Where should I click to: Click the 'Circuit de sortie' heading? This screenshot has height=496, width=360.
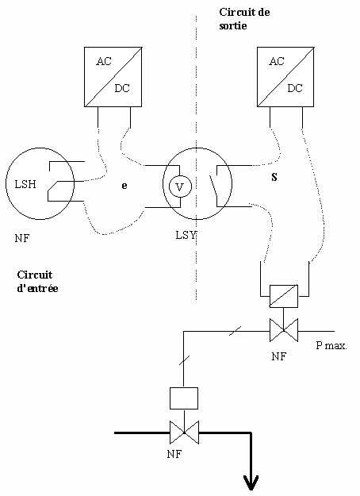pos(244,19)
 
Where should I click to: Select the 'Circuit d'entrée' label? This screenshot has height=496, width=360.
pos(37,282)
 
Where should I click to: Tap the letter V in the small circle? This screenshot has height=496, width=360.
pos(180,187)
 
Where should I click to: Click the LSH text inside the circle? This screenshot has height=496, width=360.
pos(25,184)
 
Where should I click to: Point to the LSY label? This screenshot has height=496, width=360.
pos(186,235)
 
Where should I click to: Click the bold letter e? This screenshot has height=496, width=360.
pos(124,186)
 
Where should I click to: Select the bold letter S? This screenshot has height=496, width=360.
pos(274,178)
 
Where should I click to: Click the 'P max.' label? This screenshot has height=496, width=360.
pos(331,345)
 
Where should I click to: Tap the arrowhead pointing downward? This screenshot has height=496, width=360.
pos(251,483)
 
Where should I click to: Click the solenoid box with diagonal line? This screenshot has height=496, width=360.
pos(284,296)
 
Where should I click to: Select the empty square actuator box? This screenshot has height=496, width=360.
pos(184,398)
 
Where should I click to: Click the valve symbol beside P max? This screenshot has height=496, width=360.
pos(284,330)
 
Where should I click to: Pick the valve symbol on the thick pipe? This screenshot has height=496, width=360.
pos(184,433)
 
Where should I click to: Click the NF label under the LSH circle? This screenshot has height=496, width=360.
pos(22,238)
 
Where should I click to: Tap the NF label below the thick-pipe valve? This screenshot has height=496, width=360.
pos(174,454)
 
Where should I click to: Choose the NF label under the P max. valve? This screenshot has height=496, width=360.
pos(279,356)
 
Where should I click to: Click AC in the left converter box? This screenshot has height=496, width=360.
pos(104,61)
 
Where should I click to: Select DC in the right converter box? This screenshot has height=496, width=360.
pos(295,88)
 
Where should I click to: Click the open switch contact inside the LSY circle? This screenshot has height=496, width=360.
pos(214,186)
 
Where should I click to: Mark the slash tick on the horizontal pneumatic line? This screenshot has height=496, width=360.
pos(236,331)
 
